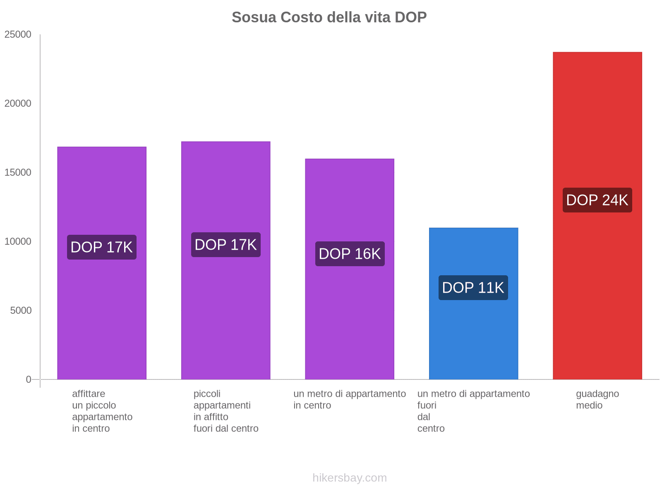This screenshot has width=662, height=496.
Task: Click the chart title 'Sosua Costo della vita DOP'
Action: pos(329,17)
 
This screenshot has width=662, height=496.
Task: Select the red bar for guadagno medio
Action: pos(597,289)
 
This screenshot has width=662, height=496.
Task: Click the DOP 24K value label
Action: pos(597,200)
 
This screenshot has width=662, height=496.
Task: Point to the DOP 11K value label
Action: pos(473,288)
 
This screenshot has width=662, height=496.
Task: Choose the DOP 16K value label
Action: pos(350,254)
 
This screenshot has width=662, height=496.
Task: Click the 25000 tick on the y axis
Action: pos(18,34)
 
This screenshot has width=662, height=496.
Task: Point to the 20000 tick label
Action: pos(18,103)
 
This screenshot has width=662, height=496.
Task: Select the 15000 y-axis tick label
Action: pos(18,172)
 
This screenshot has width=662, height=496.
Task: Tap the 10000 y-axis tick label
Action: pos(18,241)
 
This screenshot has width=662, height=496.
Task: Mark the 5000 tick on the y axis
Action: pos(21,310)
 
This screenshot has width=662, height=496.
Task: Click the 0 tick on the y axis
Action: pos(29,379)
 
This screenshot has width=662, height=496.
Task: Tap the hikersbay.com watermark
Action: pos(350,478)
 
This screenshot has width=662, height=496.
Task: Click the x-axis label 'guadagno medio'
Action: pos(597,399)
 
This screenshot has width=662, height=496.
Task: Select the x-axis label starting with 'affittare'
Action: pos(102,411)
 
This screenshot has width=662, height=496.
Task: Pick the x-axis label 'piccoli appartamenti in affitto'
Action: pos(225,411)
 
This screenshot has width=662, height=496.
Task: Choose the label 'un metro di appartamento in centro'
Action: pos(350,399)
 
